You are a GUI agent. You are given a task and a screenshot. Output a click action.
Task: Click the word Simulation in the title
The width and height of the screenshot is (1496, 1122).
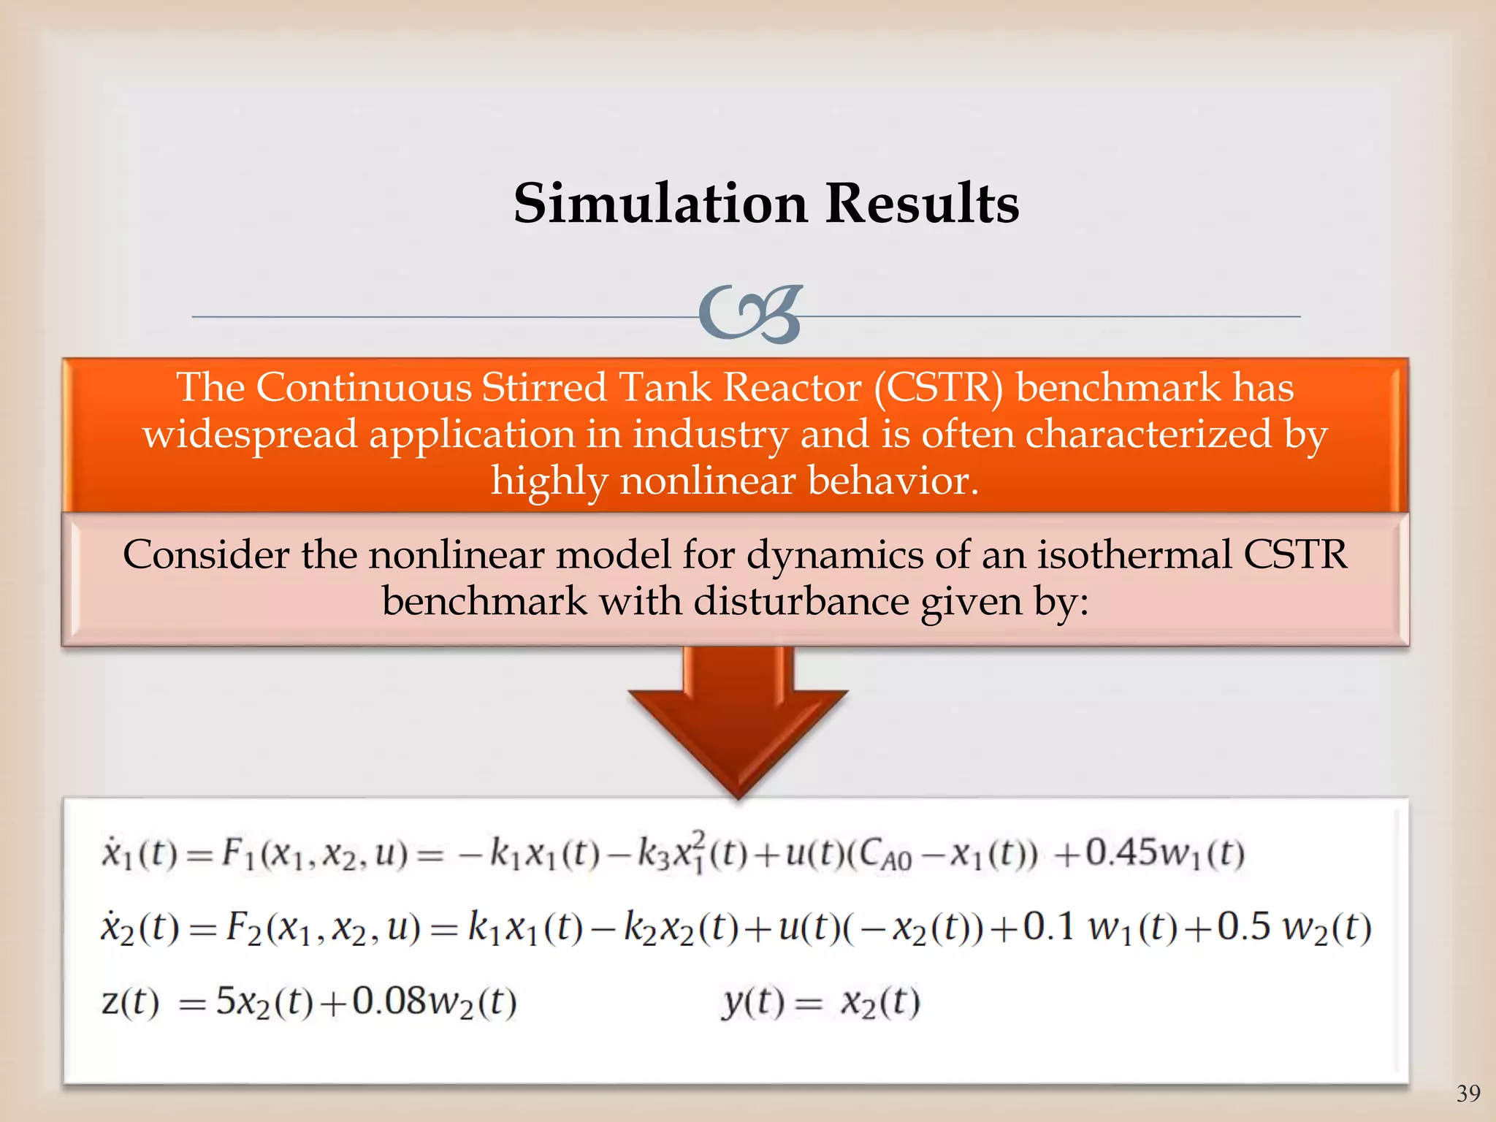[660, 203]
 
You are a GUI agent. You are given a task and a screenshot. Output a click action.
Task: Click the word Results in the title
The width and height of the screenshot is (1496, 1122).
[922, 203]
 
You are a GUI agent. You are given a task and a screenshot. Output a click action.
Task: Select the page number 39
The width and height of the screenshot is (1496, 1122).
[1468, 1094]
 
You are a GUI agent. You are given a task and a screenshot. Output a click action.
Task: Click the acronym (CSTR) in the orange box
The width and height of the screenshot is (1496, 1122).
[939, 387]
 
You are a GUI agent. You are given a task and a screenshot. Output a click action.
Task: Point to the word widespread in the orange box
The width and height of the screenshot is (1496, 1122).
[249, 435]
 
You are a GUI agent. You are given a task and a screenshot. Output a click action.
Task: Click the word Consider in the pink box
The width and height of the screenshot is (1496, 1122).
[205, 554]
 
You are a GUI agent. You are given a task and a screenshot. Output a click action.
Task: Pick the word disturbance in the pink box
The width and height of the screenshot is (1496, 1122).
[800, 602]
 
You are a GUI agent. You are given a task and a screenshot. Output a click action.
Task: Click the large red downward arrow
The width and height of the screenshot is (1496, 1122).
[737, 723]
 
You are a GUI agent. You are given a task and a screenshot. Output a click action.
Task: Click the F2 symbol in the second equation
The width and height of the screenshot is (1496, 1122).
[243, 928]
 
